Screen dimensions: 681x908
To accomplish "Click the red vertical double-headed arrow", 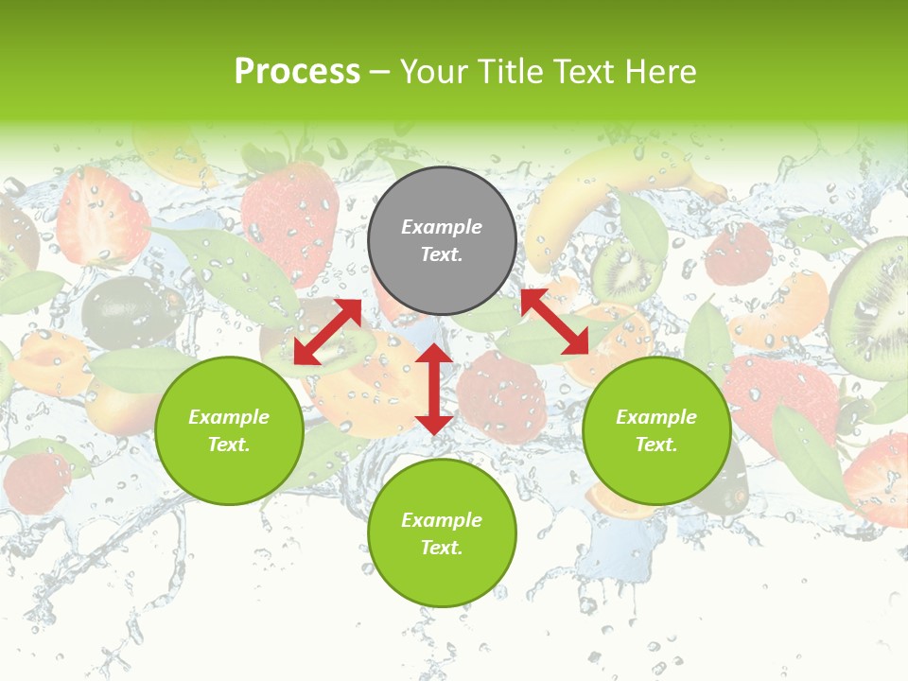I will [433, 389].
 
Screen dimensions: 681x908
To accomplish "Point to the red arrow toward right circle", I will [554, 322].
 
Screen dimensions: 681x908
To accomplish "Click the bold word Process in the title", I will [297, 71].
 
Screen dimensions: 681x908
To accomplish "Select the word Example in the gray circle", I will [442, 227].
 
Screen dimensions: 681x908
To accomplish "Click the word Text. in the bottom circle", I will [442, 548].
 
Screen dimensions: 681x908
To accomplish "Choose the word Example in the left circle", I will [229, 416].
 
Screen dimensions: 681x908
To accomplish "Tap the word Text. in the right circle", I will [656, 445].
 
